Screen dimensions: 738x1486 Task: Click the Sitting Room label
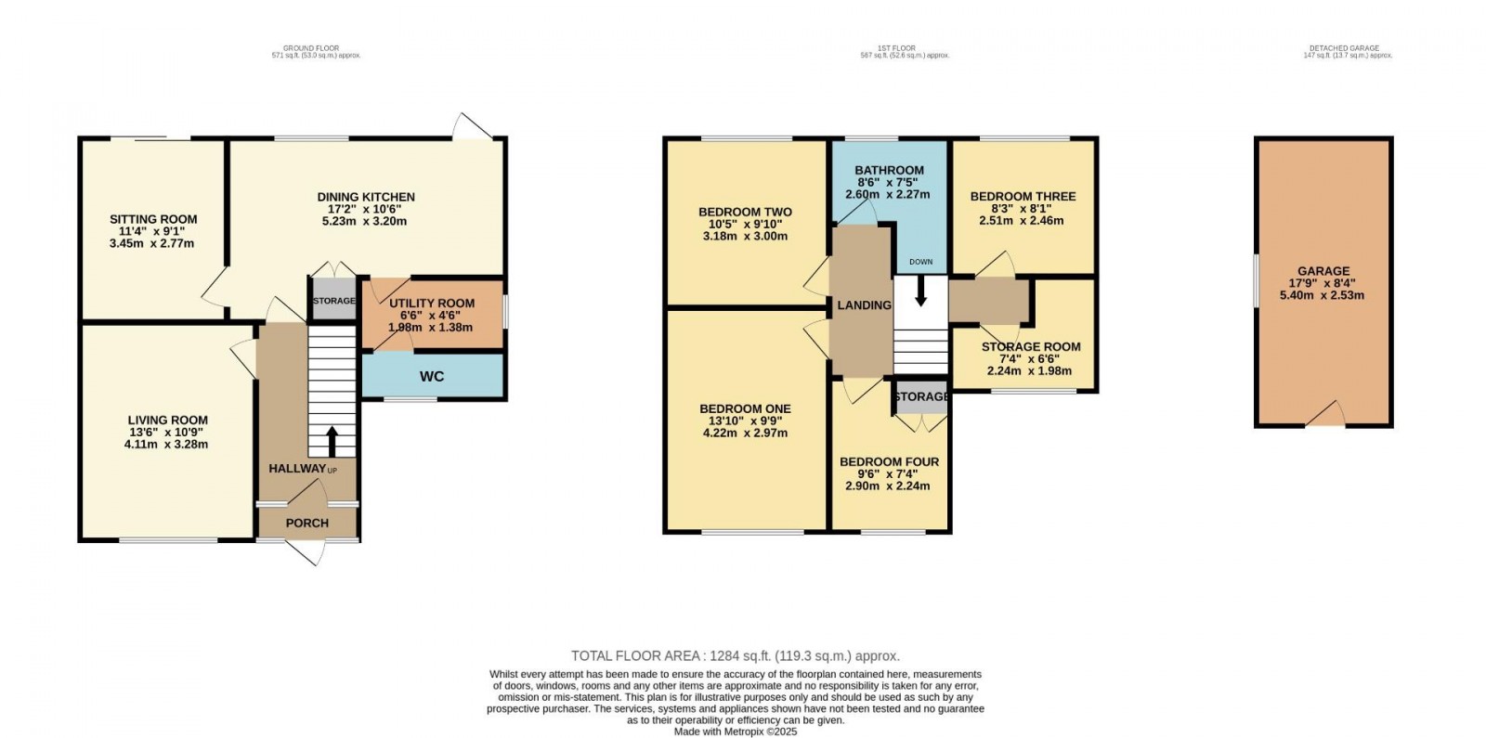tap(153, 220)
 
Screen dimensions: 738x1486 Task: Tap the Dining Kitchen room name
tap(366, 197)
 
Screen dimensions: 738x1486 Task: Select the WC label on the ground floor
tap(432, 376)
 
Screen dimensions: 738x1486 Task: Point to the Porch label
tap(307, 523)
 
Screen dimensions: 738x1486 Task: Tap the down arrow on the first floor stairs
tap(920, 293)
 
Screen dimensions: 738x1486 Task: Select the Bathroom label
tap(889, 171)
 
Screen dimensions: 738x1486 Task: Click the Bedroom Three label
tap(1023, 197)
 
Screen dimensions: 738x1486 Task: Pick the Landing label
tap(864, 305)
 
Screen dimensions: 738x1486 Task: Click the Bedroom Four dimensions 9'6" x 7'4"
tap(889, 473)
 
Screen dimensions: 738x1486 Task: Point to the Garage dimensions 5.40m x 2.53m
tap(1323, 295)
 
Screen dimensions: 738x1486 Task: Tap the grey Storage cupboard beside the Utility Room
tap(333, 301)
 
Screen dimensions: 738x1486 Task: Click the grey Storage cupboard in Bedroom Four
tap(920, 396)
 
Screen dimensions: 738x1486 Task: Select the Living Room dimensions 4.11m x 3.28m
tap(166, 444)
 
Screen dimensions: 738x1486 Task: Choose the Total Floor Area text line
tap(735, 655)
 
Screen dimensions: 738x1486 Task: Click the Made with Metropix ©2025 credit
tap(735, 732)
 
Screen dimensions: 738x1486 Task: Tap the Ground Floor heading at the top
tap(311, 48)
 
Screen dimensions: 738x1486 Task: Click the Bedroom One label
tap(745, 409)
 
